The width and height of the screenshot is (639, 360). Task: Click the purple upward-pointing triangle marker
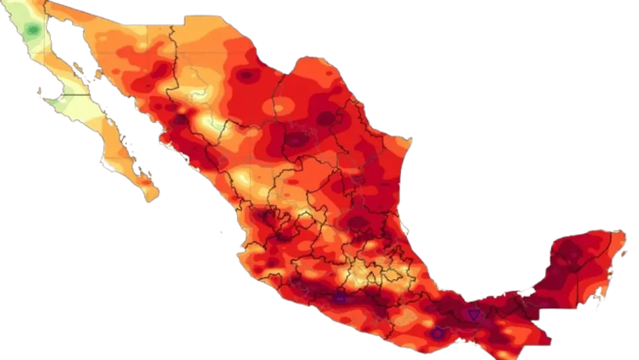pyautogui.click(x=340, y=298)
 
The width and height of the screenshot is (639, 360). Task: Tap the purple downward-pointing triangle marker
pyautogui.click(x=474, y=314)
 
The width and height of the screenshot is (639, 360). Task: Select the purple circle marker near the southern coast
pyautogui.click(x=437, y=334)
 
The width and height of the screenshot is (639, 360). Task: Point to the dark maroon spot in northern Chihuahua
pyautogui.click(x=247, y=75)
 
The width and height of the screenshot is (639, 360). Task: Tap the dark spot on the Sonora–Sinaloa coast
pyautogui.click(x=181, y=120)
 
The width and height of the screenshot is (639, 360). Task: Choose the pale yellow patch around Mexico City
pyautogui.click(x=361, y=271)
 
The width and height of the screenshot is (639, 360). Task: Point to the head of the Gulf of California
pyautogui.click(x=53, y=22)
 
